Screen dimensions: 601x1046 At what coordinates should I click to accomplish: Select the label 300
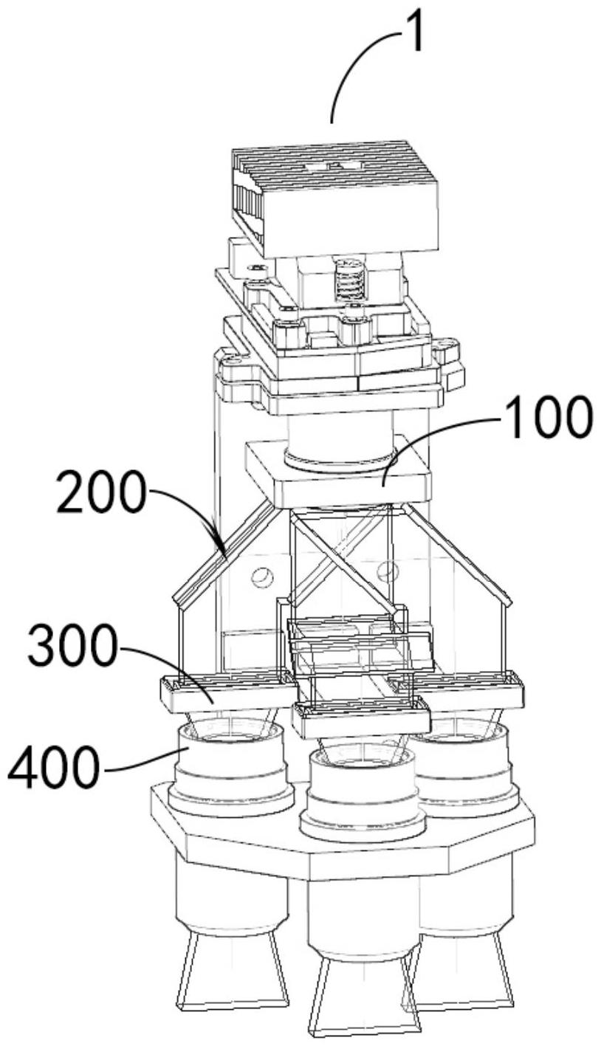(x=71, y=645)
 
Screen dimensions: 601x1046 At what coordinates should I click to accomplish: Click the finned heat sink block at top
(x=335, y=201)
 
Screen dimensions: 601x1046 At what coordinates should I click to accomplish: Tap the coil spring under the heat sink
(x=348, y=281)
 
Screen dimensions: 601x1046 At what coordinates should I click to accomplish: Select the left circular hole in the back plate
(x=262, y=577)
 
